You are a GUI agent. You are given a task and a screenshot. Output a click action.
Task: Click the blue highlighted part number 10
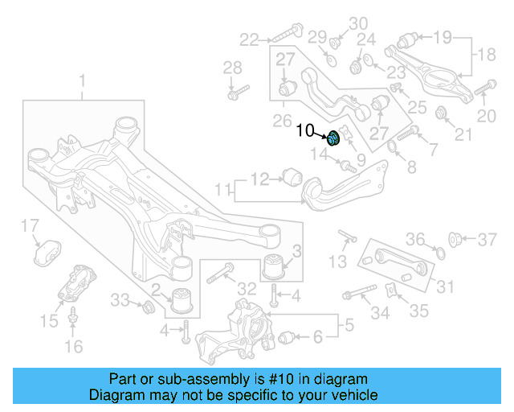(333, 139)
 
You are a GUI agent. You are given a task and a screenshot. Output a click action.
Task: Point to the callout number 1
(80, 80)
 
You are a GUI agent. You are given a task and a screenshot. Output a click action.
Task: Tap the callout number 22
(250, 38)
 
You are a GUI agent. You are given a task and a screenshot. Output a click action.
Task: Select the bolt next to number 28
(233, 93)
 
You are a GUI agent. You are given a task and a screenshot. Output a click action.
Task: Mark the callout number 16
(73, 347)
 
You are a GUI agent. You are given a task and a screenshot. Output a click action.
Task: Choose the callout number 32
(247, 289)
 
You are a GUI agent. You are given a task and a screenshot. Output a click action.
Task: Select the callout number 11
(222, 190)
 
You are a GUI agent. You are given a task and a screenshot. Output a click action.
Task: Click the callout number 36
(414, 238)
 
